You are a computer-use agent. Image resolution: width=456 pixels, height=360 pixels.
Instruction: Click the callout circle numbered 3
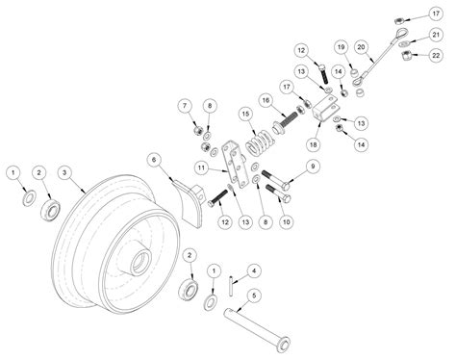[x=65, y=173]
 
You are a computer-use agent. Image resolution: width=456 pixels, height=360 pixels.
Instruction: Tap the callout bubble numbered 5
[x=254, y=296]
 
